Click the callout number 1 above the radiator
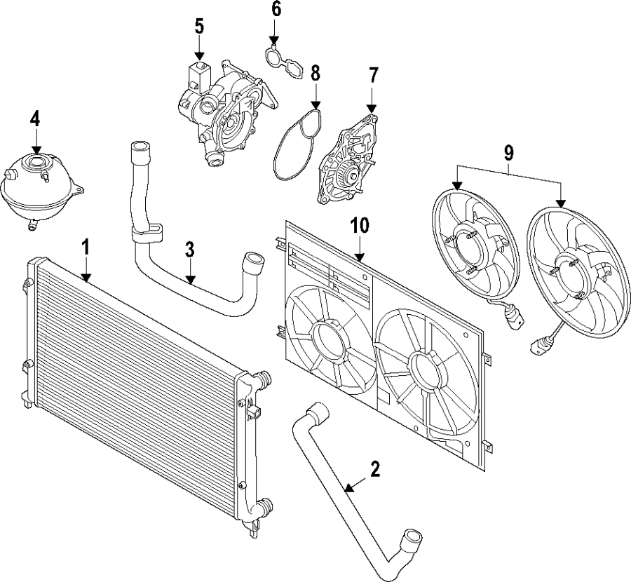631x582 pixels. [86, 247]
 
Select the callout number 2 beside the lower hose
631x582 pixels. [375, 469]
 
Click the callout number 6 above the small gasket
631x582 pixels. [276, 10]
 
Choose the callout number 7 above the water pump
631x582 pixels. [373, 74]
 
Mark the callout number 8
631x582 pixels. [315, 72]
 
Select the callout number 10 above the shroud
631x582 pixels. [359, 225]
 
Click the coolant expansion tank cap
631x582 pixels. [34, 164]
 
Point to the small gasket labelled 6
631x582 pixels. [283, 60]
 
